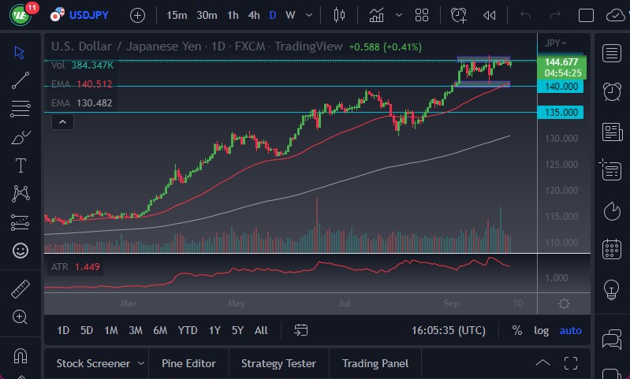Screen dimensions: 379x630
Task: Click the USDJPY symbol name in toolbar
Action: [x=89, y=15]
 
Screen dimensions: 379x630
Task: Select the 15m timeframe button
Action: [x=177, y=15]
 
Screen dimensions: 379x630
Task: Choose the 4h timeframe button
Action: [x=253, y=15]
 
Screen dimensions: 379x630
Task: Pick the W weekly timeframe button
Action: [x=291, y=15]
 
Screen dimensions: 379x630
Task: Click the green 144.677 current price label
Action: [x=558, y=61]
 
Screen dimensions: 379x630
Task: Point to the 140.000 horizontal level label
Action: [x=559, y=87]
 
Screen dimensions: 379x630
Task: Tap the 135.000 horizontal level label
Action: [x=559, y=113]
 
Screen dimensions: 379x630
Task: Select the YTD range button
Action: [x=188, y=330]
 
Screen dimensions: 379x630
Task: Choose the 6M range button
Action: [x=160, y=330]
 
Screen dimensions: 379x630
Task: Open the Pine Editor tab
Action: [x=188, y=363]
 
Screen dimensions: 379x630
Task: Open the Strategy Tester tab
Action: [x=278, y=363]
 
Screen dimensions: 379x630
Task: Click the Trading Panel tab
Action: [x=375, y=363]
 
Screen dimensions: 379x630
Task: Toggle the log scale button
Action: [x=541, y=330]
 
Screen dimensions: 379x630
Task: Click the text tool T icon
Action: [x=21, y=165]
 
